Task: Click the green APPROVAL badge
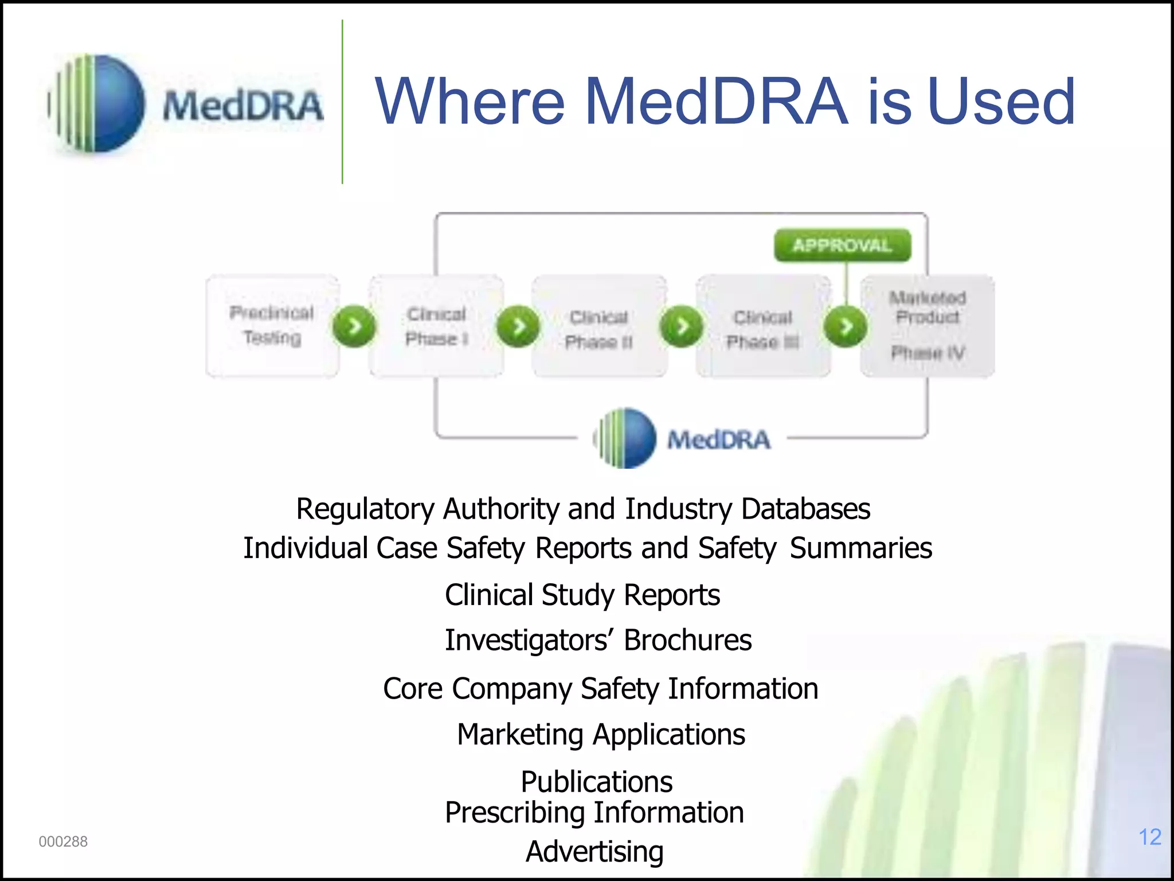coord(842,245)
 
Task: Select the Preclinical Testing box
coord(272,325)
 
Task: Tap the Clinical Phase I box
coord(437,326)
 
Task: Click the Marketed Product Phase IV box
coord(928,325)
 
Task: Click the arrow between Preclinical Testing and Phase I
coord(354,326)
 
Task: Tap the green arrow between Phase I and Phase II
coord(518,326)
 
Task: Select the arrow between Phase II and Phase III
coord(682,326)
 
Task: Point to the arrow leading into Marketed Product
coord(845,326)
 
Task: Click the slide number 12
coord(1149,837)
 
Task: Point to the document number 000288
coord(63,841)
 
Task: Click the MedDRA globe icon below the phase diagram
coord(625,438)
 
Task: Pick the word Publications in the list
coord(596,781)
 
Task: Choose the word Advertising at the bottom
coord(594,851)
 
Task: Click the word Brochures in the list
coord(687,640)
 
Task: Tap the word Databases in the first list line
coord(805,509)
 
